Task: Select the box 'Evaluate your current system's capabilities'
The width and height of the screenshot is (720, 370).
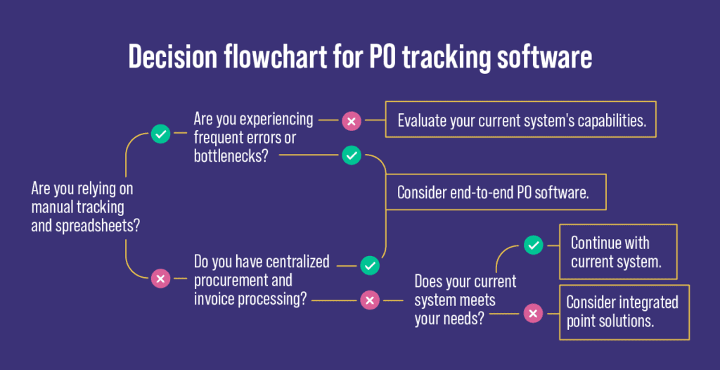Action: point(521,120)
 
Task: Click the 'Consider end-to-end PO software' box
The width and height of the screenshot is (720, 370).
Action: point(495,192)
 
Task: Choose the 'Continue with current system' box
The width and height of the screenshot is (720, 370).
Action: point(617,253)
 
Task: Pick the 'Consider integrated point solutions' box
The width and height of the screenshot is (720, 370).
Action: point(623,312)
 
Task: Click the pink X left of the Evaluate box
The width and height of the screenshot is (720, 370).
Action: point(351,120)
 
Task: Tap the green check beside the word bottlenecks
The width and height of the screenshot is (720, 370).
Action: point(351,155)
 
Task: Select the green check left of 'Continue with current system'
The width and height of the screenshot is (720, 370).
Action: point(533,245)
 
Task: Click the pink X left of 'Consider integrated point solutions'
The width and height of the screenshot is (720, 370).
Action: point(533,313)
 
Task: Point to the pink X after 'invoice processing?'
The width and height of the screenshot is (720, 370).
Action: point(370,300)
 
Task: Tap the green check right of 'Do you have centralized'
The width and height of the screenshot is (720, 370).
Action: point(370,265)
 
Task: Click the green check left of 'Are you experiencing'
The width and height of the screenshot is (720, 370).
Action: point(160,133)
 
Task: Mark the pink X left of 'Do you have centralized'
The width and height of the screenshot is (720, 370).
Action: point(160,279)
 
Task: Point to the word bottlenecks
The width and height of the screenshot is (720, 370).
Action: point(227,156)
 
